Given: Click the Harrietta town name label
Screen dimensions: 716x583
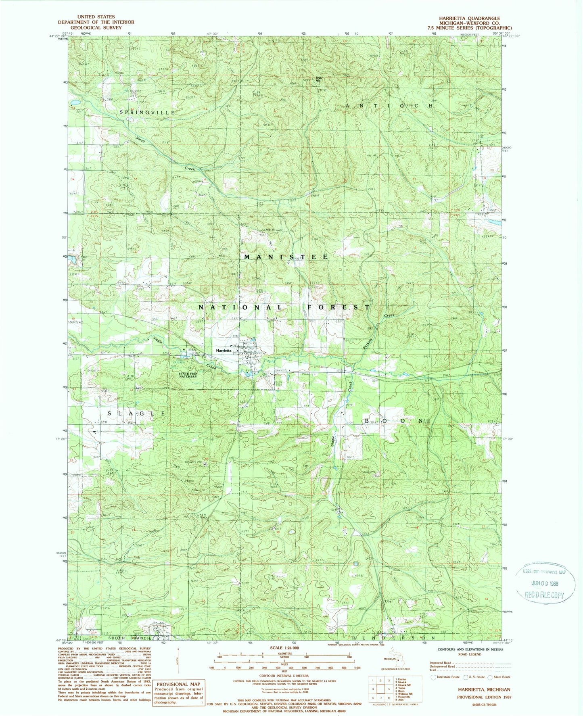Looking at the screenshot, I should (224, 351).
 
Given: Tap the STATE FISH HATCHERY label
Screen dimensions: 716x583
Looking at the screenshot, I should (188, 375).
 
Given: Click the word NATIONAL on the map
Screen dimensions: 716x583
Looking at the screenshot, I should (240, 307).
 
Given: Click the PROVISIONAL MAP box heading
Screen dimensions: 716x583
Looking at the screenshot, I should (178, 684).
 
